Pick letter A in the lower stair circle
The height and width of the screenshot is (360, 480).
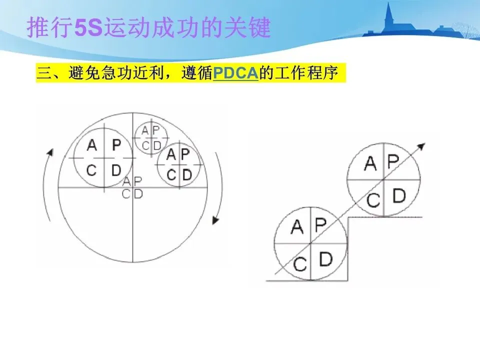(296, 227)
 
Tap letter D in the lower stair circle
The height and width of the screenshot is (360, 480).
(325, 258)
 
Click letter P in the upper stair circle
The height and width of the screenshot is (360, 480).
(393, 161)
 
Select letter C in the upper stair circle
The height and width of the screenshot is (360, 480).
(372, 200)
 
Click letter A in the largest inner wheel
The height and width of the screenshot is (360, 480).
(91, 145)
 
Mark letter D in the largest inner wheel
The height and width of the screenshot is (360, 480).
(116, 170)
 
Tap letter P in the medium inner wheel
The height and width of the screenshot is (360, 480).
(185, 154)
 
